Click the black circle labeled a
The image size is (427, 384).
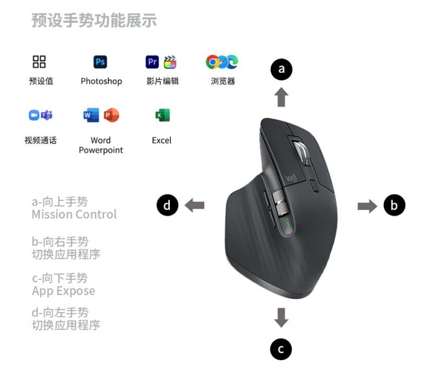(281, 69)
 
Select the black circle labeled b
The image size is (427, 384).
(395, 205)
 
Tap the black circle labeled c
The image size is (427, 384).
(281, 349)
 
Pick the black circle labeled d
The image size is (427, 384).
(167, 205)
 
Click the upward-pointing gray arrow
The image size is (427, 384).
(281, 97)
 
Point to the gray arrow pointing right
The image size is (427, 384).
(368, 206)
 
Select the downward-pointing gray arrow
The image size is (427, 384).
(281, 318)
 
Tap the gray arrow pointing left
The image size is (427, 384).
(194, 205)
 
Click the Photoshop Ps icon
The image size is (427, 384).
(100, 62)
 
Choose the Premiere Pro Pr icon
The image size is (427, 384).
(152, 62)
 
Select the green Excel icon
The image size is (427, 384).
(162, 115)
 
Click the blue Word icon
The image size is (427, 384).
(91, 115)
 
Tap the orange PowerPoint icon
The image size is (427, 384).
(111, 115)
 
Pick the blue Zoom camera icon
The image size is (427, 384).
(34, 115)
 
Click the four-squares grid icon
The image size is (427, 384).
(39, 62)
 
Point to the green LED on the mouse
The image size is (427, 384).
(288, 224)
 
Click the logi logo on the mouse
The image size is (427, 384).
(291, 177)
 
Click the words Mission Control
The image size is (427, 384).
(74, 214)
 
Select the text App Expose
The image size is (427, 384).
(64, 291)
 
